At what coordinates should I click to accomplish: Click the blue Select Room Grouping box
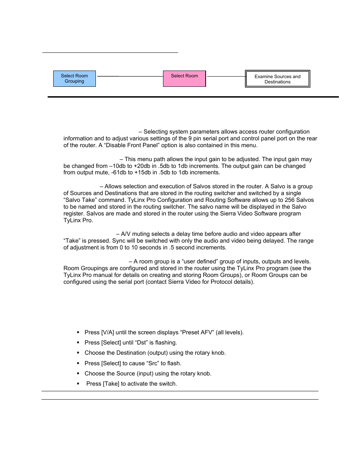tap(74, 78)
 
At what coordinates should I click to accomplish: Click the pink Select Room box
tap(184, 78)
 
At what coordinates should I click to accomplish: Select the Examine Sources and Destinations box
tap(277, 79)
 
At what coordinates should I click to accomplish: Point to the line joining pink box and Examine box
tap(226, 76)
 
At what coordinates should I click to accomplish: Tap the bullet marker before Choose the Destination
tap(78, 353)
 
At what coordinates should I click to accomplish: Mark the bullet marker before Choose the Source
tap(78, 374)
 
